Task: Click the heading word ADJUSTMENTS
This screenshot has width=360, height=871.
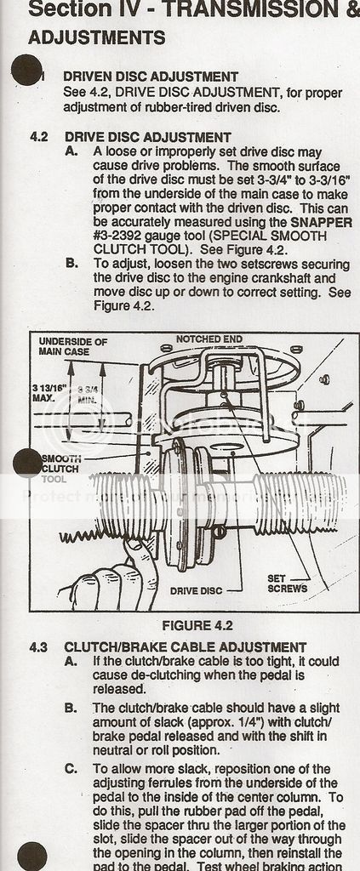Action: coord(97,38)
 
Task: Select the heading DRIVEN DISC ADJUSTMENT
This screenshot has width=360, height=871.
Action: coord(151,77)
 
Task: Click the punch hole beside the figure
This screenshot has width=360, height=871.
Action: coord(28,463)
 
